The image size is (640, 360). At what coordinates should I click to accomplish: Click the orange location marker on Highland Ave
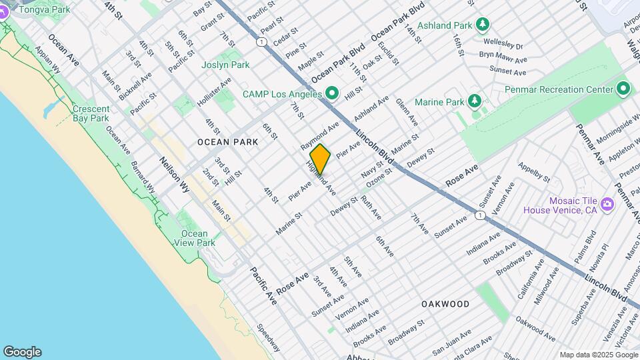click(x=320, y=159)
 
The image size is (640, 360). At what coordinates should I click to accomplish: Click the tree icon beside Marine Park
click(x=474, y=101)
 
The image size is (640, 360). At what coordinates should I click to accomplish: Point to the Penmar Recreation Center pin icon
click(x=623, y=89)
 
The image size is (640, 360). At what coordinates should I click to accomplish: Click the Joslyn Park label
click(x=225, y=65)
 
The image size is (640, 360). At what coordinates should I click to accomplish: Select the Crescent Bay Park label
click(x=90, y=113)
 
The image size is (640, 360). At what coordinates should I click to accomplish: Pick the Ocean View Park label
click(x=198, y=238)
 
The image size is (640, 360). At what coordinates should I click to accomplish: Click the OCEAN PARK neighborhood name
click(x=223, y=142)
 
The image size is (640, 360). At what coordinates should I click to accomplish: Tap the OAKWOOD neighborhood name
click(x=445, y=304)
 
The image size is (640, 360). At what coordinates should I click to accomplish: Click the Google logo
click(x=22, y=352)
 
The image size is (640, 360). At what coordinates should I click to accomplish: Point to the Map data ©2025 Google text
click(x=599, y=355)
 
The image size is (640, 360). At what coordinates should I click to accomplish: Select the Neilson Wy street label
click(x=175, y=175)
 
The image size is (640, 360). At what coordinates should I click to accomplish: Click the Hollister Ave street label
click(x=214, y=92)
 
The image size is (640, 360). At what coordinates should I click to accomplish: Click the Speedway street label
click(x=269, y=337)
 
